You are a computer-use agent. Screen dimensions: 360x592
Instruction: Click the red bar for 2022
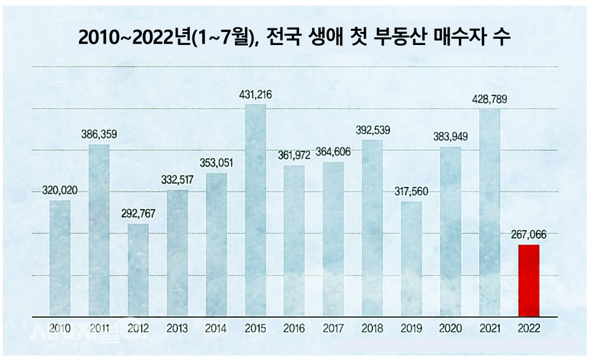(528, 280)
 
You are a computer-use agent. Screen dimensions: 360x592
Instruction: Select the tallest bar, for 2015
(255, 210)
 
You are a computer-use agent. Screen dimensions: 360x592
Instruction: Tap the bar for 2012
(138, 270)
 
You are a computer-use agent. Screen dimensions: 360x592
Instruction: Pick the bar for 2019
(411, 259)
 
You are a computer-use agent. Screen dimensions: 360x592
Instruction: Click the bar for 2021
(490, 213)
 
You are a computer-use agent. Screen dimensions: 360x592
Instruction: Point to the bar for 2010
(60, 258)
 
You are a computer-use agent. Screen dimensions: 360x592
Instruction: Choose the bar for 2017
(333, 239)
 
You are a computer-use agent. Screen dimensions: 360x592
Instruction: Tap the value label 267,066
(528, 235)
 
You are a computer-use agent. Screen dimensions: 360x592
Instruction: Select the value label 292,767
(139, 215)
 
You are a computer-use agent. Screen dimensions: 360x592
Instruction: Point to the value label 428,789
(490, 99)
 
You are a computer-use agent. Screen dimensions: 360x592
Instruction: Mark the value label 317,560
(411, 192)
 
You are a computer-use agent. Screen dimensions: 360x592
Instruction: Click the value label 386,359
(99, 134)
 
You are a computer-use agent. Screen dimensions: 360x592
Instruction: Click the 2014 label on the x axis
(216, 329)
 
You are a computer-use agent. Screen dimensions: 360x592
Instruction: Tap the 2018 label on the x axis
(372, 329)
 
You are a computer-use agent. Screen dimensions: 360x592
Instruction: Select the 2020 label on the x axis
(451, 329)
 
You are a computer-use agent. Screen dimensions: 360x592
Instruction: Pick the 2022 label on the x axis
(528, 329)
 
